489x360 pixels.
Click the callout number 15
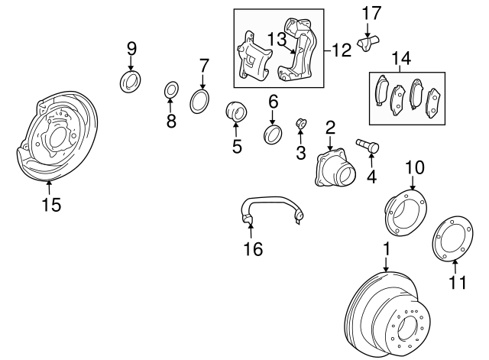pyautogui.click(x=51, y=205)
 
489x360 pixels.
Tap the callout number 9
pyautogui.click(x=131, y=49)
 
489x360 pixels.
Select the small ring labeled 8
pyautogui.click(x=171, y=89)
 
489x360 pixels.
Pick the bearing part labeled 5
pyautogui.click(x=236, y=112)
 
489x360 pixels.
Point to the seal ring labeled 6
pyautogui.click(x=273, y=135)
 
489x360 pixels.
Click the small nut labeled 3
pyautogui.click(x=301, y=124)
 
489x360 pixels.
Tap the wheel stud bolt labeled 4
pyautogui.click(x=368, y=146)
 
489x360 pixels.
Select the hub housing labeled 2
pyautogui.click(x=335, y=168)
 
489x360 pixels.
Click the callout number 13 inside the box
pyautogui.click(x=277, y=40)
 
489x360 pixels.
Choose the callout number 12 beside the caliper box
pyautogui.click(x=342, y=50)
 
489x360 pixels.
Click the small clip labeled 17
pyautogui.click(x=368, y=43)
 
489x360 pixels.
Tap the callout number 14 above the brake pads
pyautogui.click(x=401, y=58)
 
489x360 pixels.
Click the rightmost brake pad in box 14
pyautogui.click(x=433, y=103)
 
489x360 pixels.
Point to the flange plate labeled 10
pyautogui.click(x=406, y=212)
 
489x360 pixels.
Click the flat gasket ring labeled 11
pyautogui.click(x=452, y=238)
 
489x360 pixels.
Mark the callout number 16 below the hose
pyautogui.click(x=253, y=248)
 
